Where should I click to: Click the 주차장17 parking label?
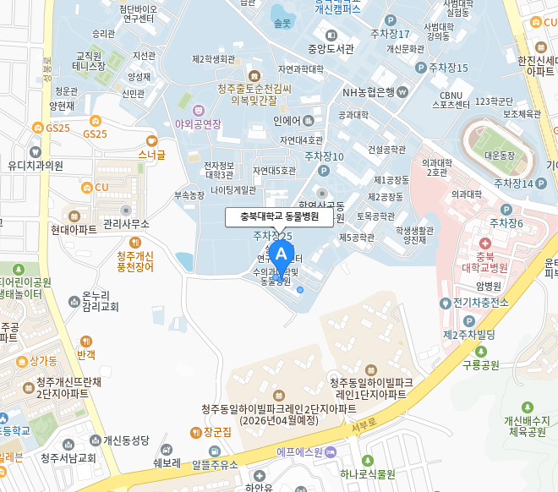point(389,34)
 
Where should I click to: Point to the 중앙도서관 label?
point(329,48)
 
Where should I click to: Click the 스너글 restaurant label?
point(152,155)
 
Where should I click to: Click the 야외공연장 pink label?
point(198,123)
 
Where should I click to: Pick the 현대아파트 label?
point(74,229)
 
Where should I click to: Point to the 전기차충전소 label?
point(479,303)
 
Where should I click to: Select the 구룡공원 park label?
point(480,365)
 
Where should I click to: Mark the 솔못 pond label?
point(282,22)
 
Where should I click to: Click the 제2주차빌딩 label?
point(469,335)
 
